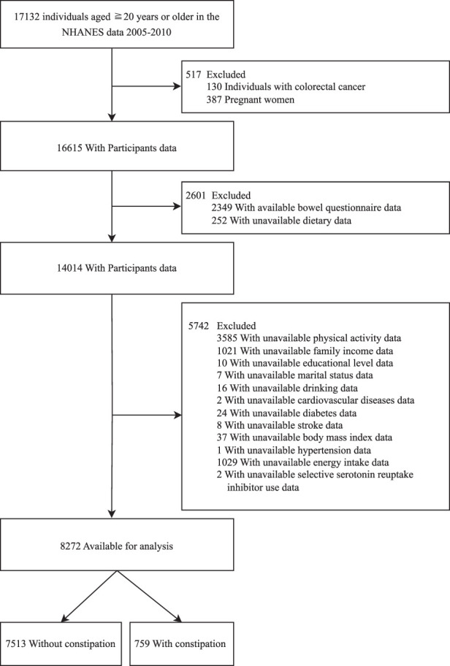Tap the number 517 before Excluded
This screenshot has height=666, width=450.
(194, 74)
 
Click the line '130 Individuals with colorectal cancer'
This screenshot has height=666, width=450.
(286, 87)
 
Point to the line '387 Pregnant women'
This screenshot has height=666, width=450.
(251, 100)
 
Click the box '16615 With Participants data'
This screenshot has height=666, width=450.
(117, 146)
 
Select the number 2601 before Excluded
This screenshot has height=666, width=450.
(196, 196)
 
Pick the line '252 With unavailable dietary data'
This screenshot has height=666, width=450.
(281, 221)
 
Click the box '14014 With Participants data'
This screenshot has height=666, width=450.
(117, 268)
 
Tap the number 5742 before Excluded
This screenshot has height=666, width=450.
(199, 326)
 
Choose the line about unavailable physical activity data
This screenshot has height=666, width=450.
(309, 338)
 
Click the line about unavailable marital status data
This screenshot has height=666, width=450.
(295, 375)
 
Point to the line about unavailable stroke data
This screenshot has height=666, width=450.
(280, 425)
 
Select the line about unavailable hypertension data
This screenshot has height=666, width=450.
(294, 450)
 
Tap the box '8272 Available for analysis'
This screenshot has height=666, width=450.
(117, 545)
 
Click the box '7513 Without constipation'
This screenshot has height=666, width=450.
(61, 644)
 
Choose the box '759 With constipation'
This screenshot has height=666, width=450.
(181, 644)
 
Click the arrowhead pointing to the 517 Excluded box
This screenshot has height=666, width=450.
(178, 87)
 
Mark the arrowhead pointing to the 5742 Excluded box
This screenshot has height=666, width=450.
(178, 415)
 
